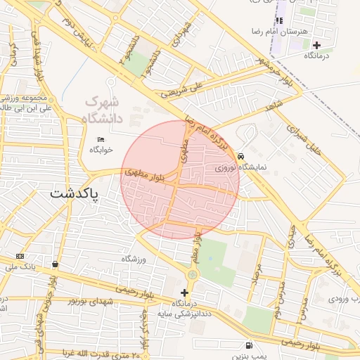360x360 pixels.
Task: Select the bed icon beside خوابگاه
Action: [101, 139]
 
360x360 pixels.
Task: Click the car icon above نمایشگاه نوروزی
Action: [240, 156]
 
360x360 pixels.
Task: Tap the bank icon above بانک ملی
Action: [19, 256]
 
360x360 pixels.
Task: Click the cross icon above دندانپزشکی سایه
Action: [184, 292]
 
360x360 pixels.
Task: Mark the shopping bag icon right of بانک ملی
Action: [55, 264]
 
